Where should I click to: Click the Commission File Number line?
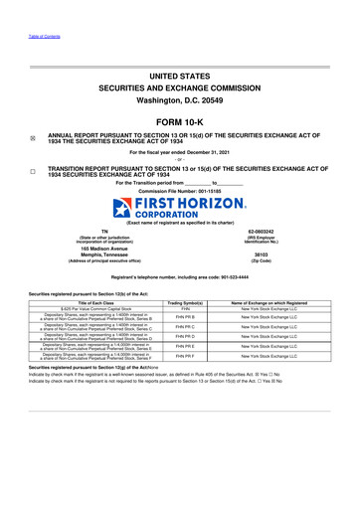[x=179, y=190]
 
